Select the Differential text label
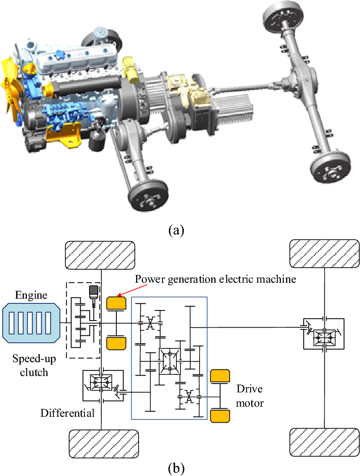pyautogui.click(x=67, y=413)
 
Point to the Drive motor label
pyautogui.click(x=250, y=396)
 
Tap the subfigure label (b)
pyautogui.click(x=175, y=467)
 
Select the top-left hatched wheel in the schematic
pyautogui.click(x=100, y=255)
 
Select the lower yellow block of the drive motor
pyautogui.click(x=220, y=416)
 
